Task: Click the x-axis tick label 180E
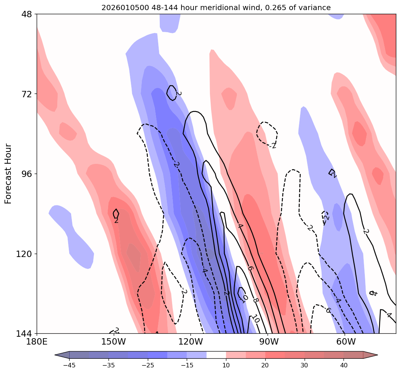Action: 37,342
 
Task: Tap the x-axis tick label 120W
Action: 190,342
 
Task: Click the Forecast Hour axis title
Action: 8,174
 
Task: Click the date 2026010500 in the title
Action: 122,7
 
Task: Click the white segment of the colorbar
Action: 216,355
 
